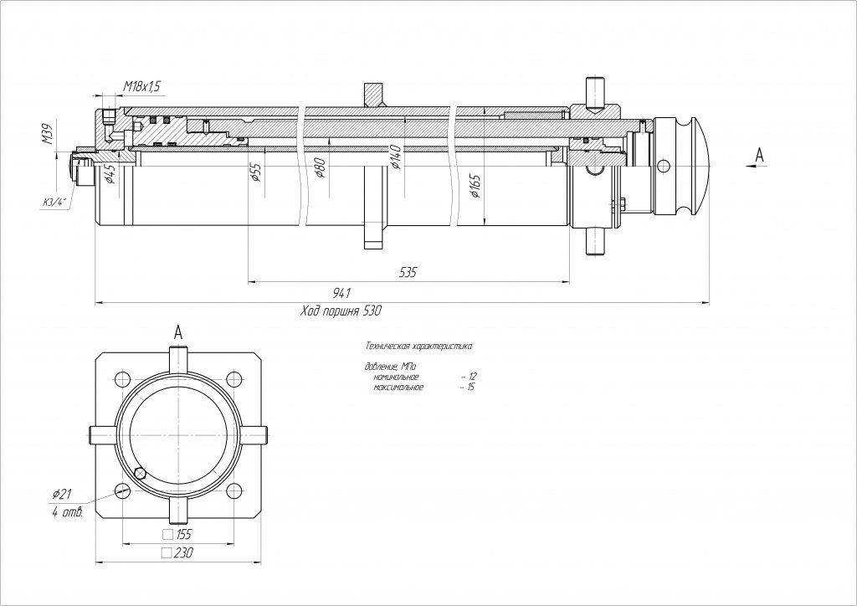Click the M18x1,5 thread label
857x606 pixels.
coord(142,86)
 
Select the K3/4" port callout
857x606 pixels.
coord(56,202)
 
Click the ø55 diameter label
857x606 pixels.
coord(256,172)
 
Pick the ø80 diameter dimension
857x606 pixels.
coord(319,167)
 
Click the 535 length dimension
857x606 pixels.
coord(408,273)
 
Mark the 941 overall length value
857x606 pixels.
coord(341,292)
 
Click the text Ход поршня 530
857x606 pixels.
coord(341,311)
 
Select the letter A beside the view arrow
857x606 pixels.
coord(760,154)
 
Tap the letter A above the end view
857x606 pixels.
coord(177,332)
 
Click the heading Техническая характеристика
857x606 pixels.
coord(419,346)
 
